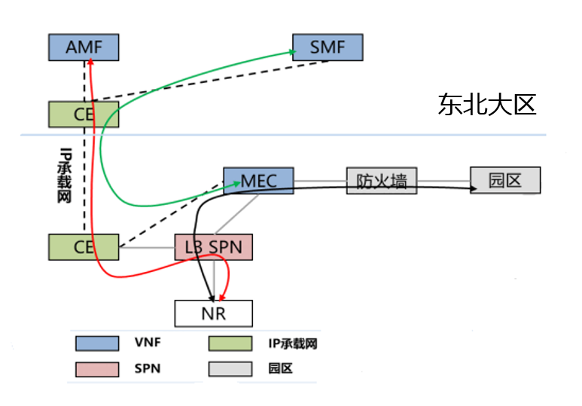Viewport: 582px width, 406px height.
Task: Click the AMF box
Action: tap(84, 47)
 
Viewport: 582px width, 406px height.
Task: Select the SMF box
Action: tap(328, 47)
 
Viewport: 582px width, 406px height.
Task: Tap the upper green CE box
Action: tap(84, 114)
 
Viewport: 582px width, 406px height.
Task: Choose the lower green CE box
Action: tap(84, 246)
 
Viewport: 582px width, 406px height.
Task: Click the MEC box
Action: tap(259, 181)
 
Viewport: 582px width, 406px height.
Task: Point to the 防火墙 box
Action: tap(382, 181)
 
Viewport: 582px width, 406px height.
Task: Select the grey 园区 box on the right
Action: tap(505, 180)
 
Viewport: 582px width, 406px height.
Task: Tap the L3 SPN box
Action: tap(214, 246)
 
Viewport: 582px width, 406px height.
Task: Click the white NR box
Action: tap(214, 313)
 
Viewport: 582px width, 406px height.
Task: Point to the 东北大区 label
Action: tap(486, 105)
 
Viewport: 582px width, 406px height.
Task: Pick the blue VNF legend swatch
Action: tap(97, 343)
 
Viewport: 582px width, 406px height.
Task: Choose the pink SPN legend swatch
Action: tap(97, 368)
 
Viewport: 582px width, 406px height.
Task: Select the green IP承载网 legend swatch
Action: tap(230, 343)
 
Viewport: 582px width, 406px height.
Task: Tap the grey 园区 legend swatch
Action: tap(230, 368)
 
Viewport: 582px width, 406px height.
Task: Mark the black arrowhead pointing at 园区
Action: tap(474, 190)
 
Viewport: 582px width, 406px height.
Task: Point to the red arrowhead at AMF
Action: tap(89, 64)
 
